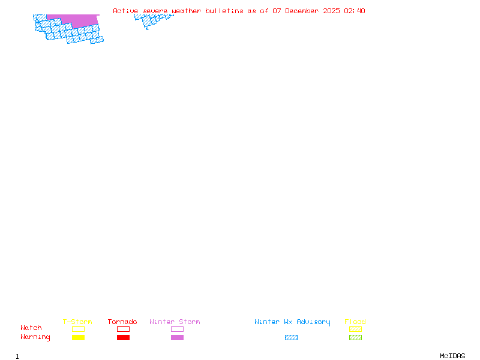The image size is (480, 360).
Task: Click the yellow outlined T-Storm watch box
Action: tap(78, 329)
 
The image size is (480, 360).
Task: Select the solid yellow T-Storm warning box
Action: tap(78, 337)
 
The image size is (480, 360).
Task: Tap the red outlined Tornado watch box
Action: tap(123, 329)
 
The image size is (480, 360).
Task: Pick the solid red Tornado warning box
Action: tap(123, 337)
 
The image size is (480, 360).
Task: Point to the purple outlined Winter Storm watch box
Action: tap(177, 329)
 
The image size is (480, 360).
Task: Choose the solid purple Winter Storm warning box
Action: tap(177, 337)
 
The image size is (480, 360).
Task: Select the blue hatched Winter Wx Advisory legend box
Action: tap(291, 337)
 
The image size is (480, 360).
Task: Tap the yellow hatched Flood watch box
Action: tap(355, 329)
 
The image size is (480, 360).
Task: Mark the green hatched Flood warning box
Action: tap(355, 337)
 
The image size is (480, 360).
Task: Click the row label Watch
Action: tap(31, 328)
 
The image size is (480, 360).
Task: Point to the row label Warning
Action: tap(35, 337)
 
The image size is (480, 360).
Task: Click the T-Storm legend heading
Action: tap(77, 322)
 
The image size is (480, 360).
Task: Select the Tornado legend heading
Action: tap(122, 322)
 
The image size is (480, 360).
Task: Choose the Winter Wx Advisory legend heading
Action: tap(292, 322)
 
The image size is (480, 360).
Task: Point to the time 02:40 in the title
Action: tap(355, 11)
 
